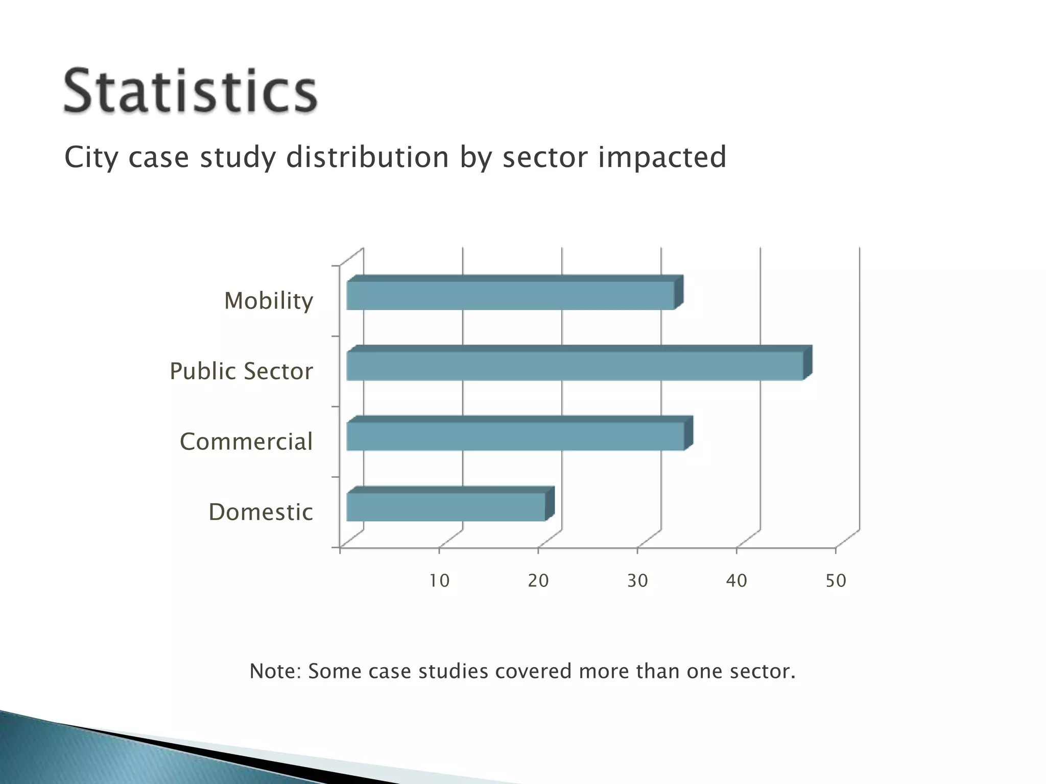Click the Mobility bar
click(511, 295)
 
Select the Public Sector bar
click(575, 365)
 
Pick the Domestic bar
click(446, 506)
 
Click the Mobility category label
click(269, 301)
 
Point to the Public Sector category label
click(241, 371)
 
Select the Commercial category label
click(246, 442)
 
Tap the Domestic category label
click(260, 512)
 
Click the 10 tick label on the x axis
click(439, 581)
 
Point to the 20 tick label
click(538, 581)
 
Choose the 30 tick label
click(637, 581)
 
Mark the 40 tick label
click(736, 581)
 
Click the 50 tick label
click(836, 581)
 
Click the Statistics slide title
click(191, 92)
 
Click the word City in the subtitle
click(91, 158)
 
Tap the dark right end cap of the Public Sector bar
click(807, 362)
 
